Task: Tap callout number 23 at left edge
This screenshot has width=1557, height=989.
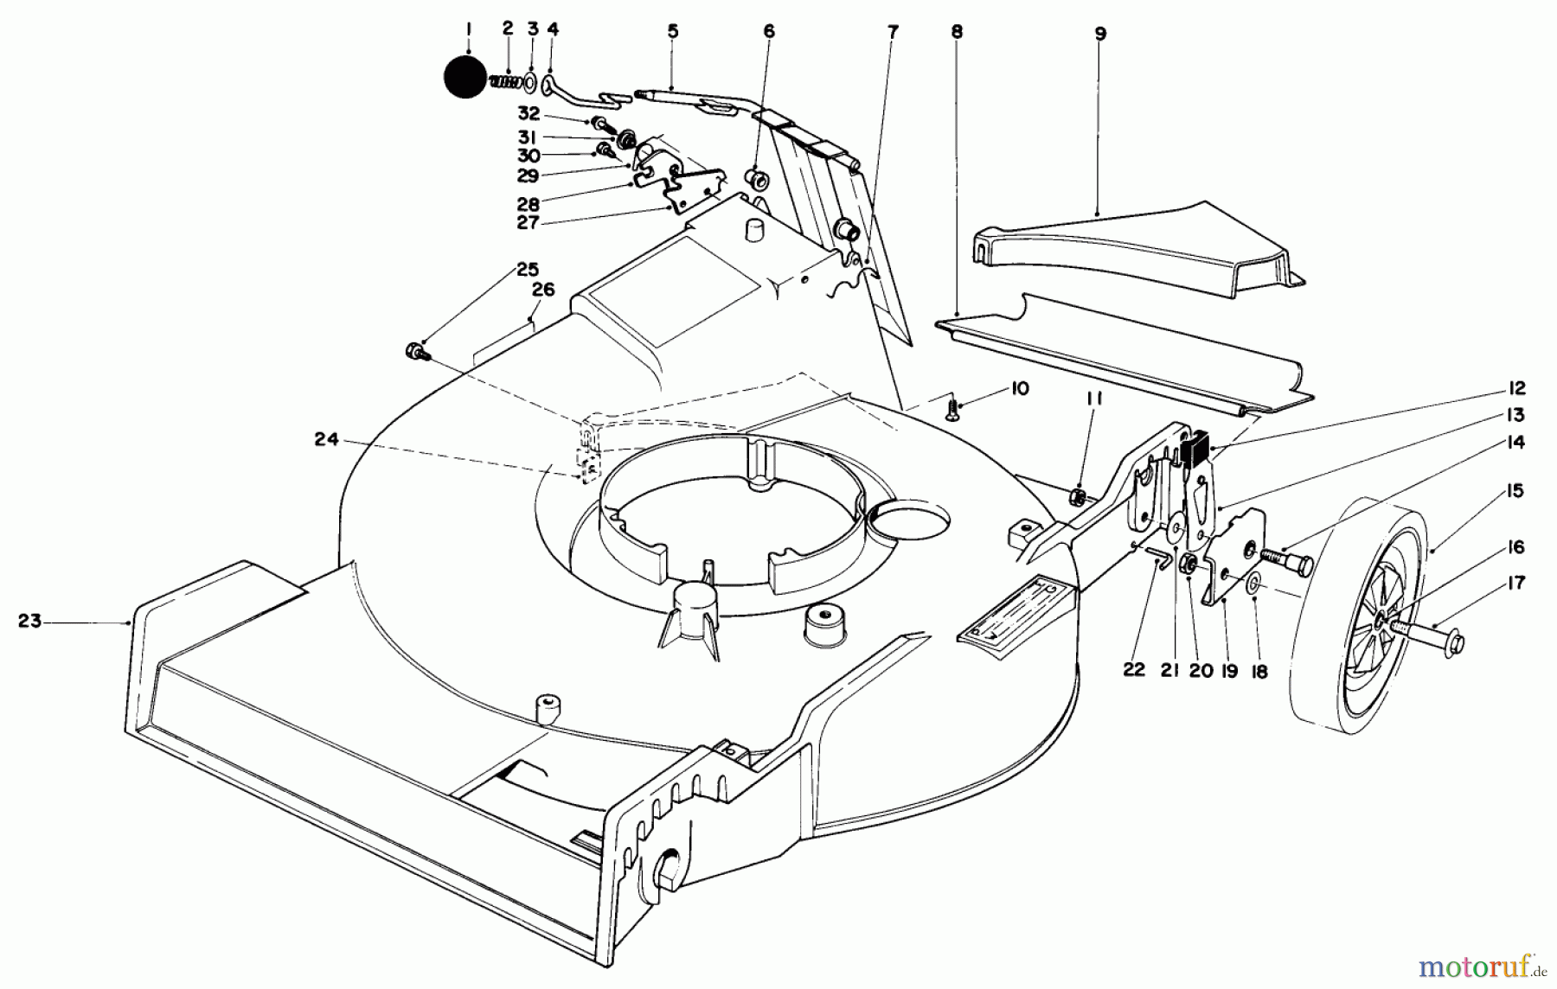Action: [30, 621]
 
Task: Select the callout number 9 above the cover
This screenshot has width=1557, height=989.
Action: [1099, 34]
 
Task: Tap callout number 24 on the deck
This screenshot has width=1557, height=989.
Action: [326, 439]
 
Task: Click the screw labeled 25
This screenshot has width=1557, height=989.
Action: [413, 350]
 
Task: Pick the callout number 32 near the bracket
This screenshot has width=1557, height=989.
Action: [529, 113]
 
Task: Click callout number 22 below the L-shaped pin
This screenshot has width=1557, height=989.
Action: [1134, 669]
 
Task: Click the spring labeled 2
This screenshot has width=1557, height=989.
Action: [507, 81]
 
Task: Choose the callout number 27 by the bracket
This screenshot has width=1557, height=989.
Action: [528, 223]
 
